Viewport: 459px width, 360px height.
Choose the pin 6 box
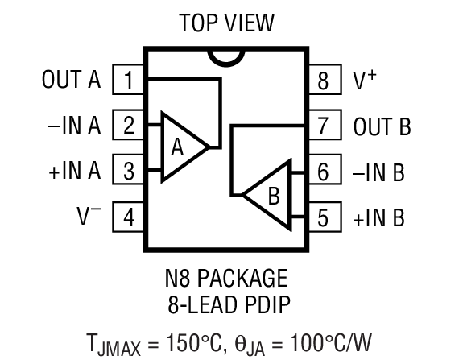coord(324,171)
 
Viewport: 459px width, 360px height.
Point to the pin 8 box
coord(324,80)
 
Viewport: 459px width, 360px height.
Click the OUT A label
coord(71,80)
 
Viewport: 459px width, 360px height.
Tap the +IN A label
coord(75,171)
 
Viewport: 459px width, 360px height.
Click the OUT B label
coord(382,126)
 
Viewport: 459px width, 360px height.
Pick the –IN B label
coord(378,171)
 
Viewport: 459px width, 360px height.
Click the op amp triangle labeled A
coord(182,147)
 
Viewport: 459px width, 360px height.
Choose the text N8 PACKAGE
coord(227,279)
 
